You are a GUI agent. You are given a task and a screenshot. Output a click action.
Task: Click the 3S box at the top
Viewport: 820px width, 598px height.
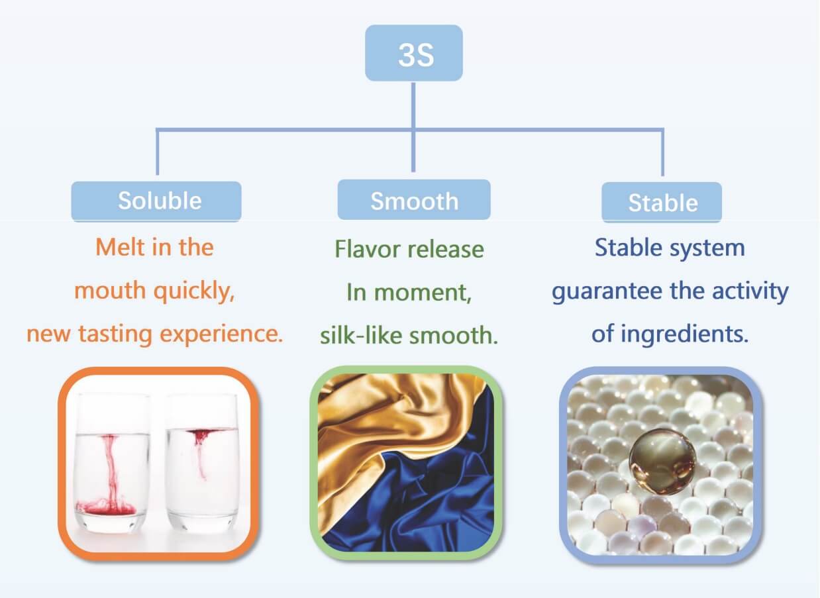pyautogui.click(x=414, y=53)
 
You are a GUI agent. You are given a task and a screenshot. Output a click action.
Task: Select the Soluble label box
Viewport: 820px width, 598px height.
pyautogui.click(x=156, y=201)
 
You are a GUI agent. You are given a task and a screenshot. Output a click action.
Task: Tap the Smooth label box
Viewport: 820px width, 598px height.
pyautogui.click(x=414, y=200)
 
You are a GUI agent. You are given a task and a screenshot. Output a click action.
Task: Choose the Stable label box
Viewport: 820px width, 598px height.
pyautogui.click(x=662, y=203)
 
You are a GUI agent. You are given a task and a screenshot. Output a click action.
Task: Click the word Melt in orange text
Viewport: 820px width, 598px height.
pyautogui.click(x=121, y=248)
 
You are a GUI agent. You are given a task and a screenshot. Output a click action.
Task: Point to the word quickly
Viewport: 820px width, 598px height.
pyautogui.click(x=194, y=291)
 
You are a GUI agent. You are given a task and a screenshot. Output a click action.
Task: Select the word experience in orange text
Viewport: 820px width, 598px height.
pyautogui.click(x=221, y=334)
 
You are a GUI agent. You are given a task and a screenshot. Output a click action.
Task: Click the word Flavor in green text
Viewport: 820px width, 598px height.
pyautogui.click(x=368, y=250)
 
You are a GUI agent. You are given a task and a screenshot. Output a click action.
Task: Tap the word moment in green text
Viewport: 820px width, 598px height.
pyautogui.click(x=423, y=293)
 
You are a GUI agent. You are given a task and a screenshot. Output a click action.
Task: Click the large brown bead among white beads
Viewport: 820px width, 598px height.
pyautogui.click(x=662, y=462)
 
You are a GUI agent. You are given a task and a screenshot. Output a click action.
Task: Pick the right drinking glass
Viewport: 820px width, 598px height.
pyautogui.click(x=203, y=462)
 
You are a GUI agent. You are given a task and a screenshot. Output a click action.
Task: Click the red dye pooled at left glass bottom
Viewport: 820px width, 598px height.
pyautogui.click(x=106, y=507)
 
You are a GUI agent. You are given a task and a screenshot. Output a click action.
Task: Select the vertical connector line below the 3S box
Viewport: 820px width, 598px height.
pyautogui.click(x=413, y=127)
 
